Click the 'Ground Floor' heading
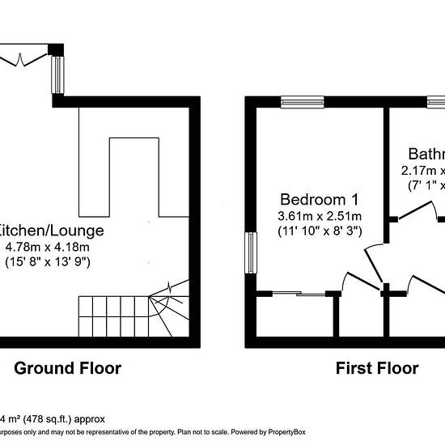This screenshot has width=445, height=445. click(x=68, y=369)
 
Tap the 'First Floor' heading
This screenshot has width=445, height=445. click(x=377, y=369)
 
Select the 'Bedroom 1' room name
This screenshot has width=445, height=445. click(x=319, y=199)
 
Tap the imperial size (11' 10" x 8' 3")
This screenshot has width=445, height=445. click(x=320, y=231)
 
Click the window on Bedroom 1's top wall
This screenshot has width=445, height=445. click(x=303, y=102)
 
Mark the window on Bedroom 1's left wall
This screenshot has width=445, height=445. click(x=252, y=252)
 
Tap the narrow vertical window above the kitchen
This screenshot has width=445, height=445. click(x=57, y=75)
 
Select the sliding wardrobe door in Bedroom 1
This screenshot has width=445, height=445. click(x=298, y=293)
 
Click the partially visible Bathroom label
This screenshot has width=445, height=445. click(x=426, y=154)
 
